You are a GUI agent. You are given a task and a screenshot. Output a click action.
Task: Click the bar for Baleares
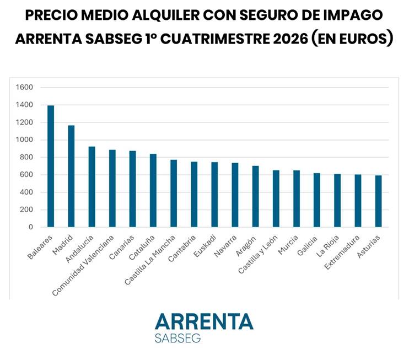[x=51, y=166]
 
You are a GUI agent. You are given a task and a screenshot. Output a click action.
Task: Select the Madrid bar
[x=71, y=176]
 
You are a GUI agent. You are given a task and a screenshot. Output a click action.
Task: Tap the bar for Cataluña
[x=153, y=190]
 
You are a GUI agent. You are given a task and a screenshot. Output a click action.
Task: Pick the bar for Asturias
[x=379, y=201]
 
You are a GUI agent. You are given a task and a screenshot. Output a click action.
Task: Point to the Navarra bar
[x=235, y=195]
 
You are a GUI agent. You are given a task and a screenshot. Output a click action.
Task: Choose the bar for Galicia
[x=317, y=200]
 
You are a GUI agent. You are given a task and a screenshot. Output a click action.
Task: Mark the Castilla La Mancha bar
[x=174, y=194]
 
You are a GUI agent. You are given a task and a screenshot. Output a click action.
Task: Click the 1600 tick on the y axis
[x=24, y=87]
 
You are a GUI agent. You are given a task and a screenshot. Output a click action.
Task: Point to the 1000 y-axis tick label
[x=24, y=139]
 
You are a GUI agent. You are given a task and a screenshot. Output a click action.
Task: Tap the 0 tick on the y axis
[x=31, y=227]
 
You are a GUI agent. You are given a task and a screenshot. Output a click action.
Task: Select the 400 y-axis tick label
[x=26, y=192]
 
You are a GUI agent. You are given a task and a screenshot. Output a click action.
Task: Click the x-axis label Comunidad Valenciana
[x=83, y=265]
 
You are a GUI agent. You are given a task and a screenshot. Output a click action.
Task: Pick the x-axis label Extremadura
[x=342, y=252]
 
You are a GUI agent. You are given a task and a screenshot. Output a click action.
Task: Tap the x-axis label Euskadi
[x=205, y=246]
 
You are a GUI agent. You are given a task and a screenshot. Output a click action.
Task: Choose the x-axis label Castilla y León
[x=258, y=254]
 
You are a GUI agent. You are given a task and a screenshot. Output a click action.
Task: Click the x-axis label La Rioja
[x=327, y=246]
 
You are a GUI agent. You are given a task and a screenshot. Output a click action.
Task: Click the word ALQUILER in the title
[x=165, y=15]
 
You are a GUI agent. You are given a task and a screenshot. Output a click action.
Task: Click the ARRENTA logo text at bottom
[x=204, y=321]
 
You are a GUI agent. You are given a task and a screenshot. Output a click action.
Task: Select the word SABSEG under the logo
[x=177, y=338]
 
